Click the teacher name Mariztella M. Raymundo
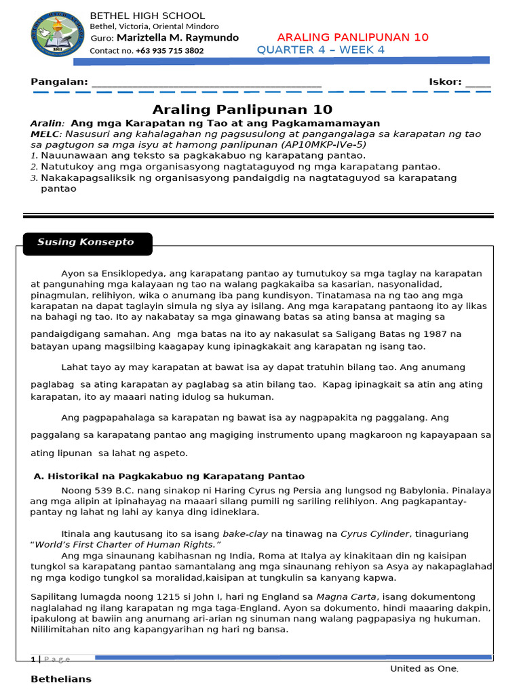pos(178,38)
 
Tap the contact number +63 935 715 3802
pos(169,51)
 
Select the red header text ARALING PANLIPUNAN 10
pos(353,37)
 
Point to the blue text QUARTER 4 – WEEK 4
pos(320,50)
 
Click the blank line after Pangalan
pos(206,84)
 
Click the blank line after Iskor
pos(478,84)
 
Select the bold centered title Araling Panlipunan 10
pos(242,110)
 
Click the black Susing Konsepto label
pos(86,243)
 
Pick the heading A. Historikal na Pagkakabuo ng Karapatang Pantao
pos(169,476)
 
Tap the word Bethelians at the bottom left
pos(61,679)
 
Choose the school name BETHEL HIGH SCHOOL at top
pos(147,16)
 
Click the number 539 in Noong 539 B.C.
pos(100,490)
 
